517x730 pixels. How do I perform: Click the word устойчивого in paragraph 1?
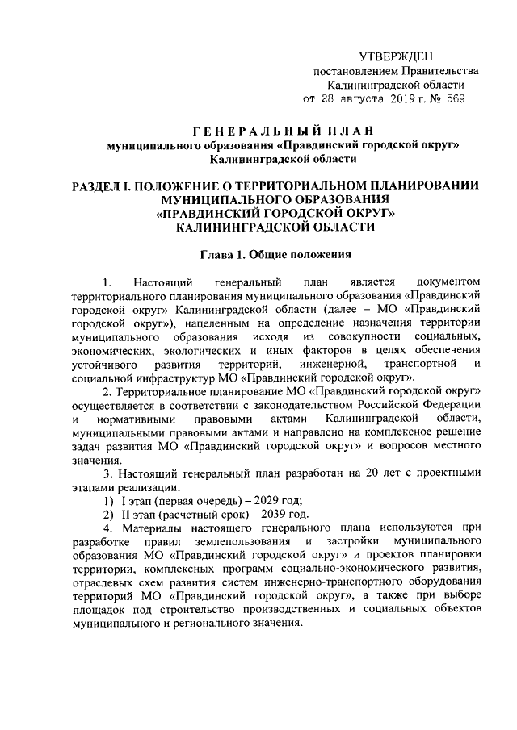click(103, 363)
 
